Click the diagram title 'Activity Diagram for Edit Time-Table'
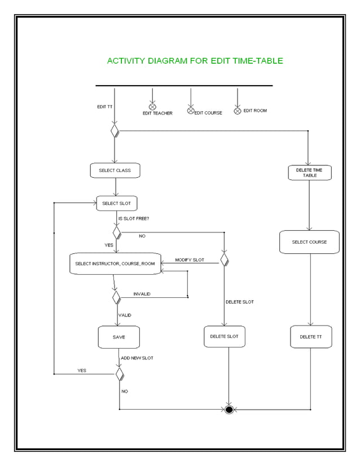point(195,61)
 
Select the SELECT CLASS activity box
point(115,170)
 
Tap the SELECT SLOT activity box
point(117,203)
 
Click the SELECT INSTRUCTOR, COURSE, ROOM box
point(115,263)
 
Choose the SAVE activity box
point(118,337)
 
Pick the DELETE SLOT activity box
point(224,336)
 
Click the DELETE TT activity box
point(311,337)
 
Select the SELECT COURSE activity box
point(309,242)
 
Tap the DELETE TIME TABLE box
point(309,173)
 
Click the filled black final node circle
point(229,409)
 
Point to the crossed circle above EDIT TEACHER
point(152,107)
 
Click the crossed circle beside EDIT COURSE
point(191,110)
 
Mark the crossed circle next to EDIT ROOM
point(238,111)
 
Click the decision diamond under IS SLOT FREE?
point(117,232)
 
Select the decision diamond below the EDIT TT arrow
point(115,131)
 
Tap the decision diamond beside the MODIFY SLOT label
point(224,260)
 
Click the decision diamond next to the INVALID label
point(116,297)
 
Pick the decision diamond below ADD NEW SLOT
point(120,373)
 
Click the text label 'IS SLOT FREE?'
point(133,218)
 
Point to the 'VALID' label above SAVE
point(125,315)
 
